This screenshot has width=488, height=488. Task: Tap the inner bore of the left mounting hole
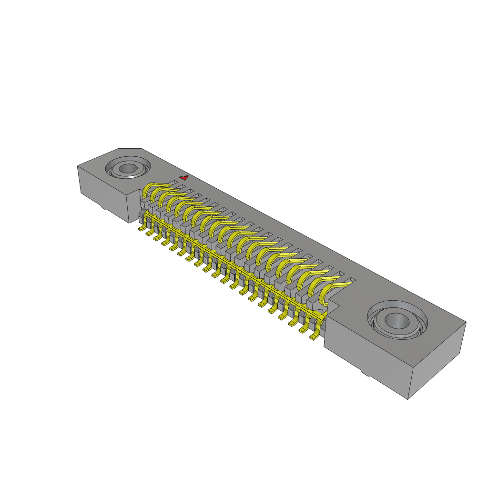coord(128,169)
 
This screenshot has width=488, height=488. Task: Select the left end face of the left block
coord(102,193)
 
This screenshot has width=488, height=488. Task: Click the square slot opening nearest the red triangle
coord(174,182)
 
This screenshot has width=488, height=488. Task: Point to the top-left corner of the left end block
coord(78,166)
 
